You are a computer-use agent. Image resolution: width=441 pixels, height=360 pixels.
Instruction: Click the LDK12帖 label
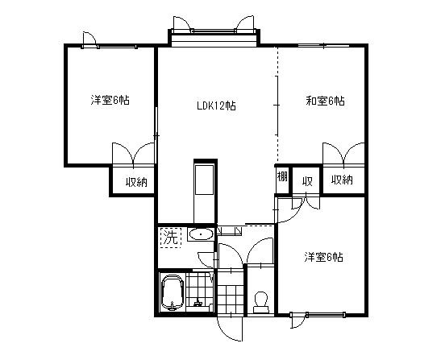216,106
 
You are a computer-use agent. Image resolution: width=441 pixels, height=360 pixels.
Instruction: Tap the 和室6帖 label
325,101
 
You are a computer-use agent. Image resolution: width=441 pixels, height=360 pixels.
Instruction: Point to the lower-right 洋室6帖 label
323,258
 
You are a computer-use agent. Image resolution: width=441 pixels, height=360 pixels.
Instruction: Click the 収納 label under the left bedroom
135,181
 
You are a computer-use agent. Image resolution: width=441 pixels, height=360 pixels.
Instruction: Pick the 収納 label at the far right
342,180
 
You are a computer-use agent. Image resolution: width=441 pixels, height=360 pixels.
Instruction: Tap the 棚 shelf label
282,177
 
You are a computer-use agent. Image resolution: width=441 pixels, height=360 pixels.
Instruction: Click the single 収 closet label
306,180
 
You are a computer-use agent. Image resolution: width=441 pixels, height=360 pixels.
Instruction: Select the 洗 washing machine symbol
170,237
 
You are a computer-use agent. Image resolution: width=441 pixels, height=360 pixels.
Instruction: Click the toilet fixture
260,301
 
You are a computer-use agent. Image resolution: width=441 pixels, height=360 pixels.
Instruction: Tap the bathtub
172,292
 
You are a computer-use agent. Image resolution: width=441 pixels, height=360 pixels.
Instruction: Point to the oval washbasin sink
201,235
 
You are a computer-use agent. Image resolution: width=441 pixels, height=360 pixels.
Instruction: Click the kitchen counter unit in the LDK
204,190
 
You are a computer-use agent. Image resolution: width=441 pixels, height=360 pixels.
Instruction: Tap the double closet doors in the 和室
343,153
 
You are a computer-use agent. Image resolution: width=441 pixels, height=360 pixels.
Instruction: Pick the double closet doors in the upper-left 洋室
133,153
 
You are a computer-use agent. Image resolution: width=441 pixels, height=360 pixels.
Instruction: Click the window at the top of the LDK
215,35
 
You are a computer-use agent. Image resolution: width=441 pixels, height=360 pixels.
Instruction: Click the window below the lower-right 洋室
322,313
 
